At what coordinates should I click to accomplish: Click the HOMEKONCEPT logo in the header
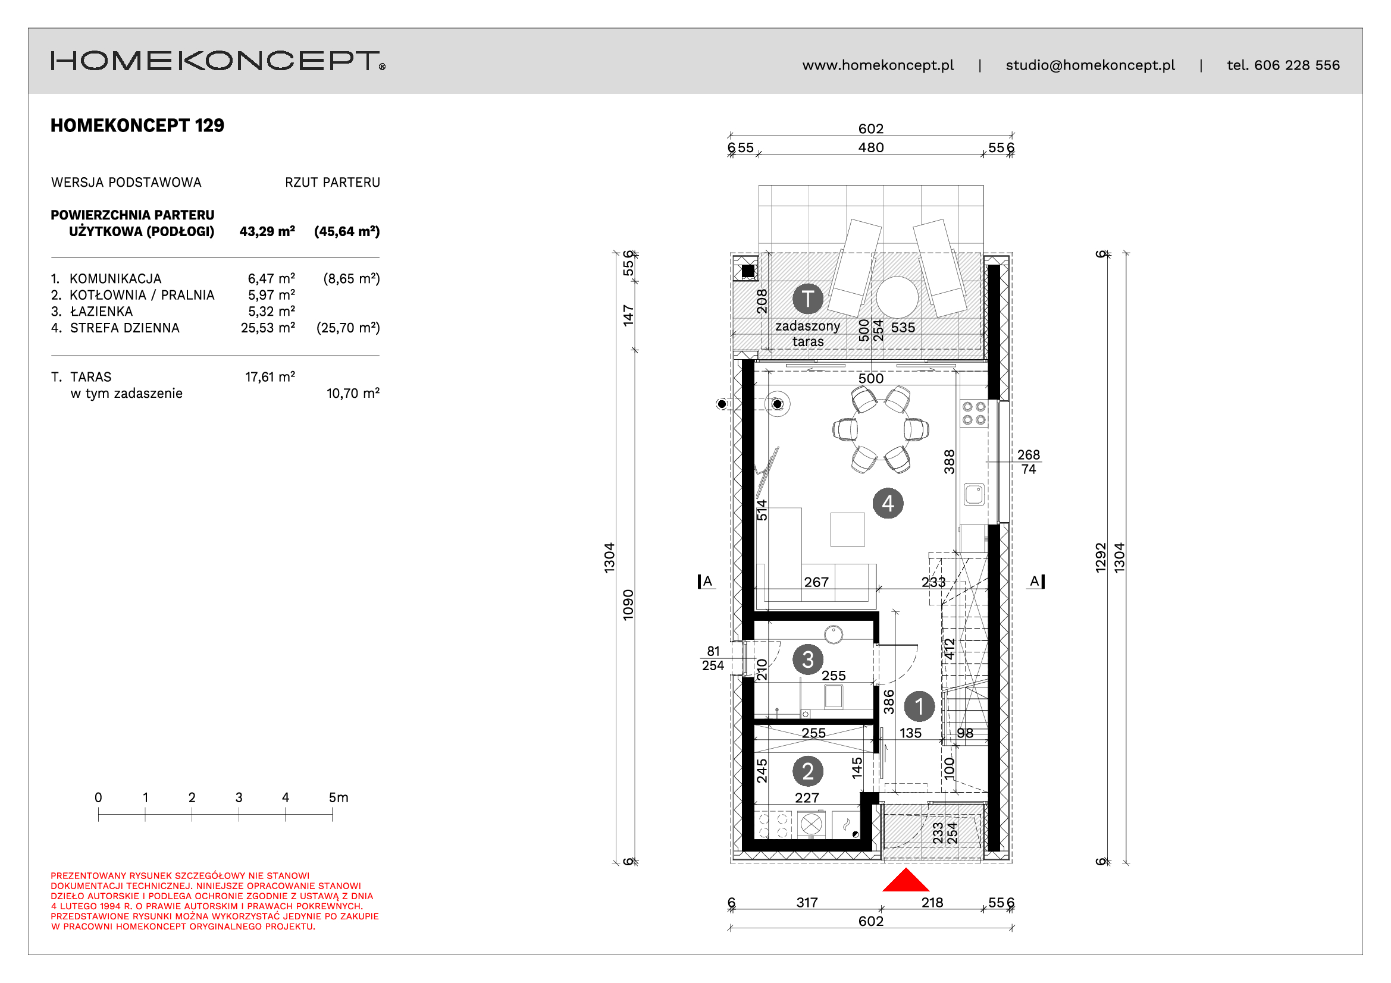[218, 61]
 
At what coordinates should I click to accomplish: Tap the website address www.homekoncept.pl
[878, 65]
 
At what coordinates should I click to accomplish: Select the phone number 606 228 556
[1297, 65]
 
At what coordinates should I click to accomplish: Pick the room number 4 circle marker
[888, 503]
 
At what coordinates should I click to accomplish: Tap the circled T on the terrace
[807, 299]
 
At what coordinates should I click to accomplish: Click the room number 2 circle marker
[807, 771]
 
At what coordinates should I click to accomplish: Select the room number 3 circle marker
[807, 659]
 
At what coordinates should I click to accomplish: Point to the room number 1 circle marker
[919, 706]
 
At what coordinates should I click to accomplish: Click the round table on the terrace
[897, 297]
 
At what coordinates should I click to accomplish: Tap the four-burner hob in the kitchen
[974, 413]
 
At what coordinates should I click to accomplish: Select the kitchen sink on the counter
[974, 494]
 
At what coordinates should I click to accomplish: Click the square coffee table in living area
[848, 529]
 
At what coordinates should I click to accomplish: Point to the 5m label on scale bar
[339, 797]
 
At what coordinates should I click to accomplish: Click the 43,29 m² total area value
[267, 231]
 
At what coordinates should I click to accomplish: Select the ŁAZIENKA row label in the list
[101, 312]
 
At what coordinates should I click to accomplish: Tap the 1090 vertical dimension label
[628, 604]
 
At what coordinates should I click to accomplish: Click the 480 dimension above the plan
[870, 147]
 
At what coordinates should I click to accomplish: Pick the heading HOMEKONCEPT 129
[137, 125]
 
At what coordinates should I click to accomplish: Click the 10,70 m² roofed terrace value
[353, 393]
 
